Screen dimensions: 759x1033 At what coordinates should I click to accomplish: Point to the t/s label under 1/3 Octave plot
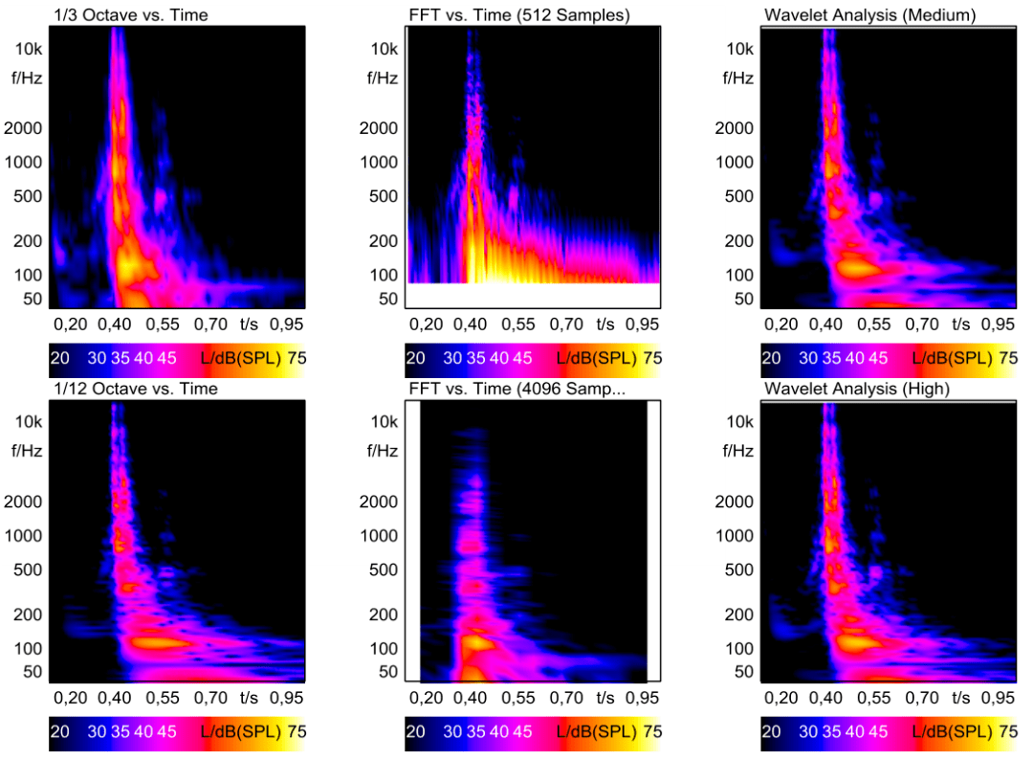pos(250,324)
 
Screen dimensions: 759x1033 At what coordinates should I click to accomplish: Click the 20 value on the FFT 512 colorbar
pos(415,359)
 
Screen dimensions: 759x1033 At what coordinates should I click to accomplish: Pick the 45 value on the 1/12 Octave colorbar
pos(165,732)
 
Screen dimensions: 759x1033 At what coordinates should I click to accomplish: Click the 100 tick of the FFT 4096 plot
pos(385,648)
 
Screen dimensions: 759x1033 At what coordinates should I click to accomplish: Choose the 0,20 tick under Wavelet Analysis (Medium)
pos(781,324)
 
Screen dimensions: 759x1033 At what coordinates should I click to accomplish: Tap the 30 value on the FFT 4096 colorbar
pos(451,732)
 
